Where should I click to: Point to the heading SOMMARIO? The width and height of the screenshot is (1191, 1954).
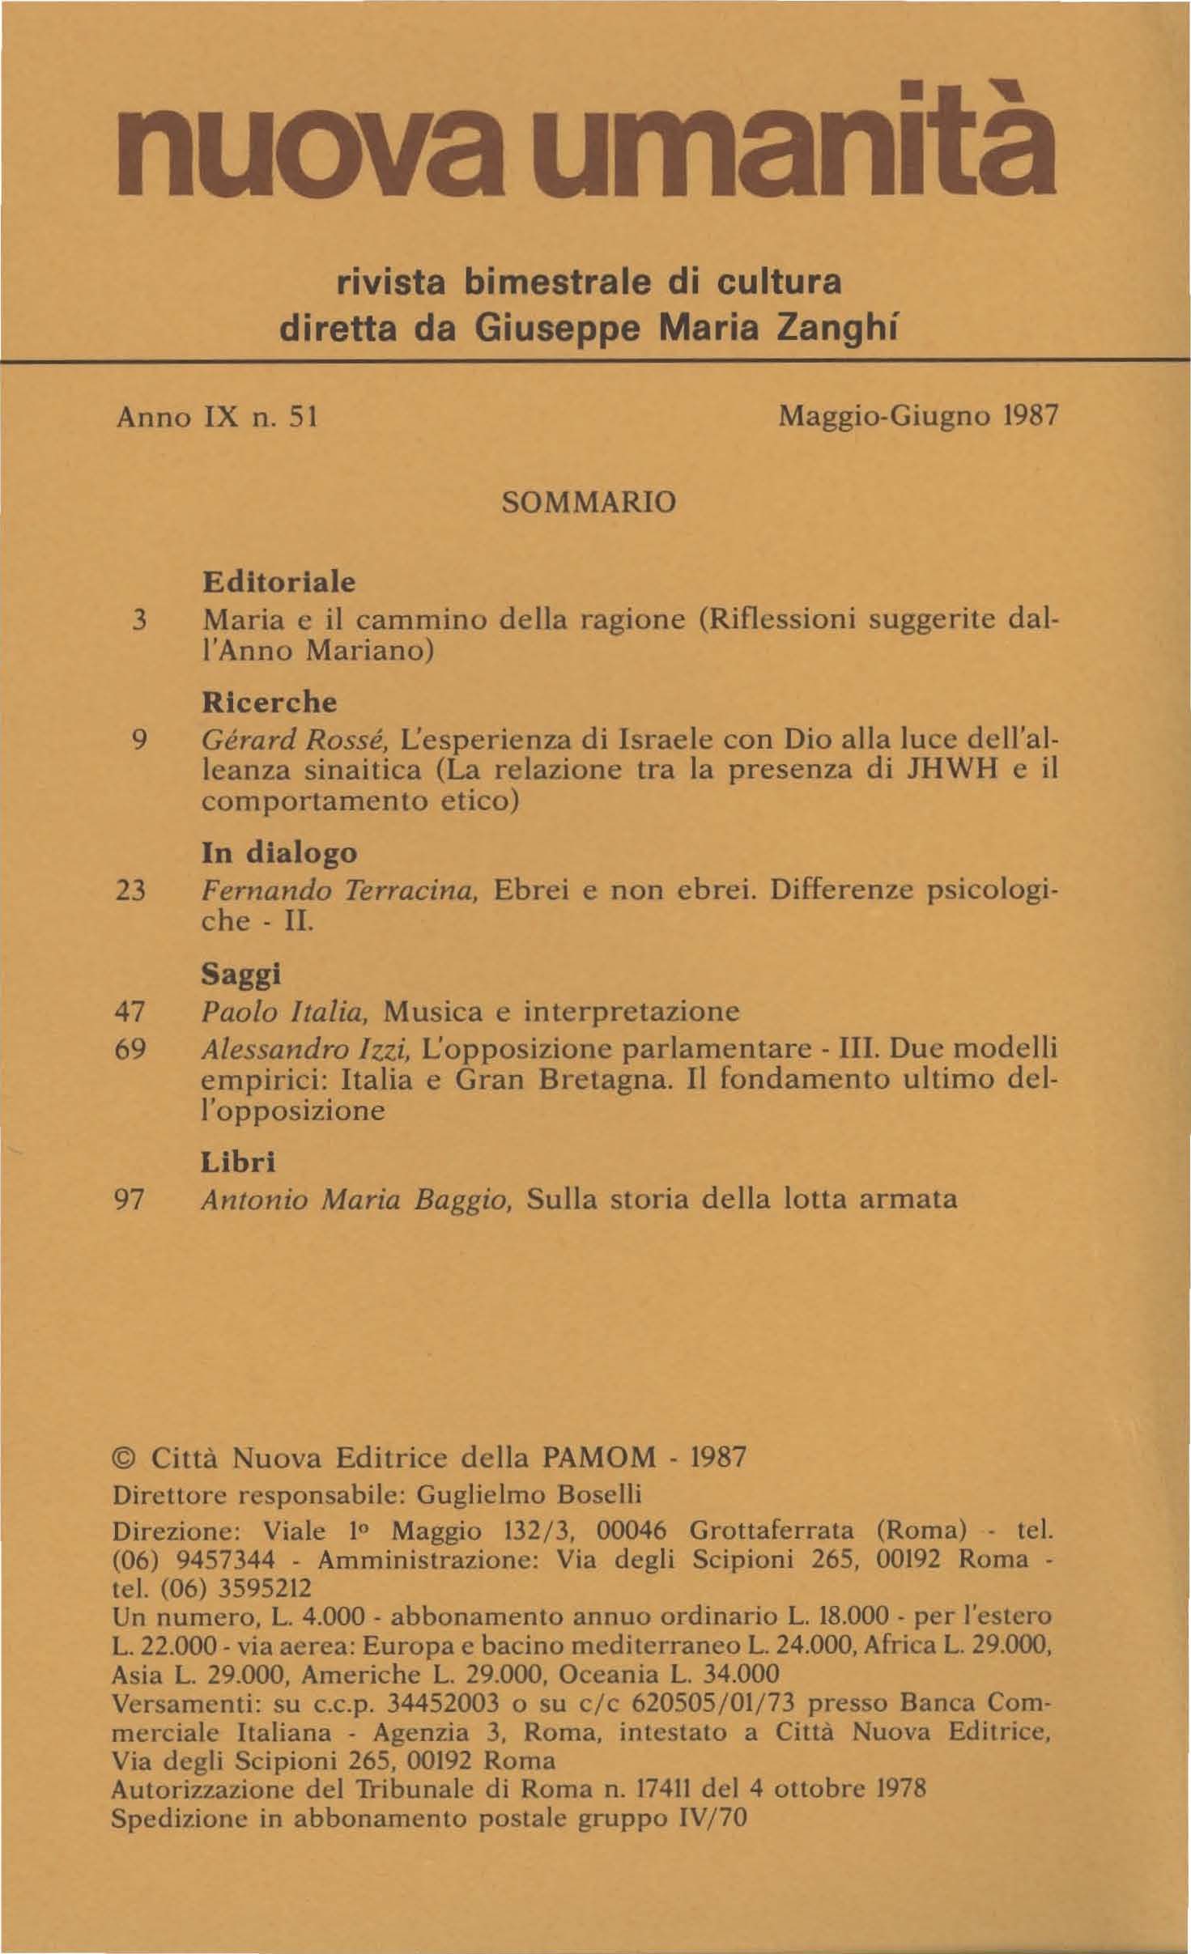589,503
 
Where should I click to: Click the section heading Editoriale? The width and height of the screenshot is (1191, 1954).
279,582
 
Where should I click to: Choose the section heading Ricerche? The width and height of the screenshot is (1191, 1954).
269,702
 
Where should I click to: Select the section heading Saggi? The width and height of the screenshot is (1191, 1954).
240,974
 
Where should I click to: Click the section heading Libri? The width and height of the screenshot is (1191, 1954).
238,1162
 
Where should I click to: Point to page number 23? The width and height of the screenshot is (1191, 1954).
130,890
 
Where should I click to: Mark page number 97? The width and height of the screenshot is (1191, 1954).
130,1199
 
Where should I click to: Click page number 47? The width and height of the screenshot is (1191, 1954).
130,1011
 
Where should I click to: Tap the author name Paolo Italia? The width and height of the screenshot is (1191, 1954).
286,1011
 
